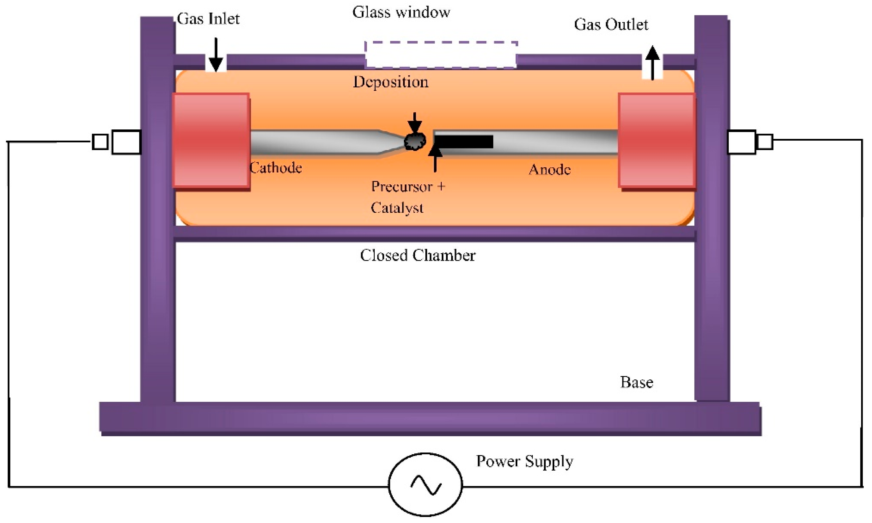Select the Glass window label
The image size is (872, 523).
401,12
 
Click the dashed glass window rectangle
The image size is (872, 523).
441,55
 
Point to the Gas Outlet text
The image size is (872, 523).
611,25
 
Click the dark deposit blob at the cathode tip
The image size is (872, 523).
415,141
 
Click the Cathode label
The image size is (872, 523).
276,168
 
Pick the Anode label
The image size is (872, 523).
549,170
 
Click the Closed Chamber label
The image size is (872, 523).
417,255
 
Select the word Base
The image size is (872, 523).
636,382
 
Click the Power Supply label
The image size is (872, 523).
524,461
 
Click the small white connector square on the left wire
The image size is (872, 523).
100,142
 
